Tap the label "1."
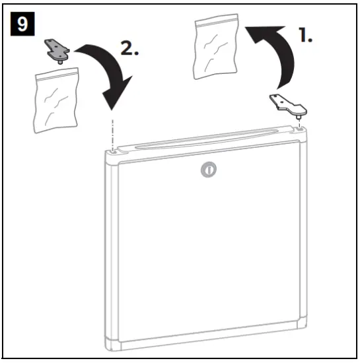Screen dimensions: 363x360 305,36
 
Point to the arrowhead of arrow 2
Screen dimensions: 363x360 118,99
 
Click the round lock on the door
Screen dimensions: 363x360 208,170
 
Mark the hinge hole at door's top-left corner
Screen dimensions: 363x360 116,151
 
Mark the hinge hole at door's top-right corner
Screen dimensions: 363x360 301,130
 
